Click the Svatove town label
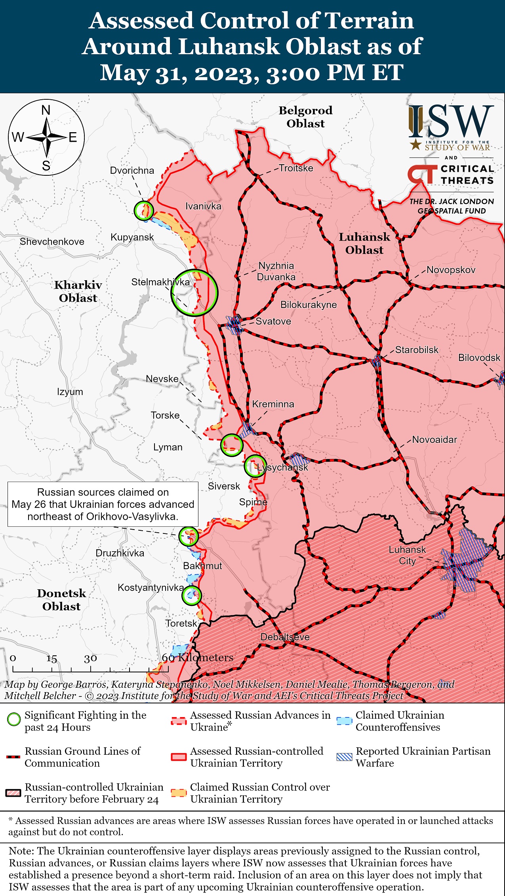click(x=273, y=321)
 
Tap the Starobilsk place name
click(x=417, y=349)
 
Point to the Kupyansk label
click(x=132, y=237)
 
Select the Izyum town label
click(x=70, y=392)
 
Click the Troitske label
click(x=296, y=168)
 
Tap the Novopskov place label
click(x=451, y=270)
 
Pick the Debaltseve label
click(x=285, y=637)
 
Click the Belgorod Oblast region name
click(x=305, y=117)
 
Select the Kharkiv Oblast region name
click(x=78, y=291)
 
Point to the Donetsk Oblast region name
click(x=61, y=600)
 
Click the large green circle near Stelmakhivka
click(x=194, y=293)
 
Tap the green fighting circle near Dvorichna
click(x=143, y=210)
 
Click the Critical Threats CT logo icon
click(x=422, y=175)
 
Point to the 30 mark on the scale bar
click(x=90, y=658)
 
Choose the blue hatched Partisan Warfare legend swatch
click(x=344, y=757)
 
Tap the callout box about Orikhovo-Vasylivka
click(x=103, y=504)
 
